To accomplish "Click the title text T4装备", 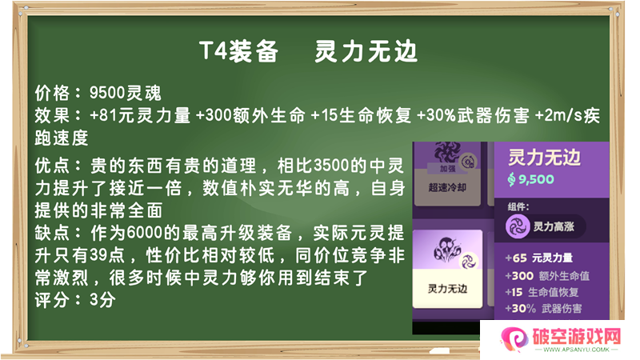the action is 238,51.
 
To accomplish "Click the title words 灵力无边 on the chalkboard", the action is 366,51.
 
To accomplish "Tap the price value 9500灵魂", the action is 126,93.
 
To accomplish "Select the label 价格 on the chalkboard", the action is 52,93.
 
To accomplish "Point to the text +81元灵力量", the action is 140,115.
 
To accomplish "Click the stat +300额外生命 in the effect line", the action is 250,115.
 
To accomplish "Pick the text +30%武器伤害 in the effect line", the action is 473,115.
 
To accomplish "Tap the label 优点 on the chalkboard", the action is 52,166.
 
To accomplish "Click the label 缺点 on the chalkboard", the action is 52,233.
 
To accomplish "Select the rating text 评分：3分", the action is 75,301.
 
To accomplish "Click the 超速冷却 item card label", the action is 447,187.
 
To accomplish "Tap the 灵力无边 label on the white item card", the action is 447,289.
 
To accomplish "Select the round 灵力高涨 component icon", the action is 518,226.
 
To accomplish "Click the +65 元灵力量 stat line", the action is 538,258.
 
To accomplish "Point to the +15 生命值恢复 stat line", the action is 542,292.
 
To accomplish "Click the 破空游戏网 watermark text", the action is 576,337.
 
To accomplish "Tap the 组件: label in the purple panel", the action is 518,206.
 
